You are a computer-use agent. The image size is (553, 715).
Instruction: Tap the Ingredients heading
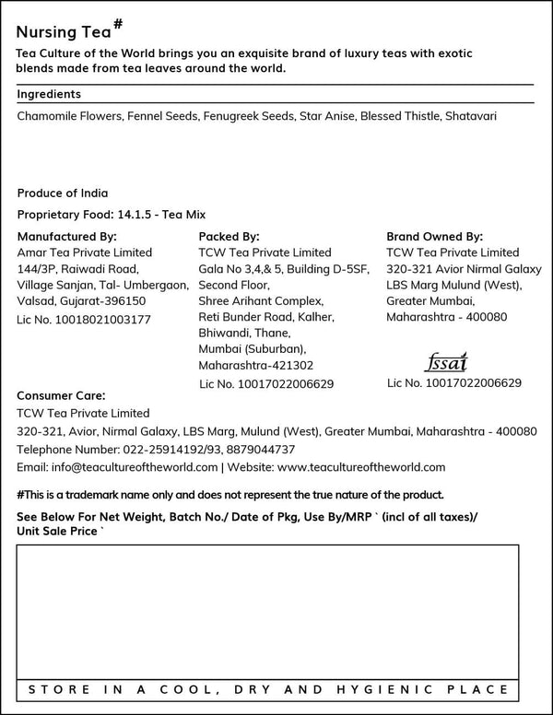click(49, 94)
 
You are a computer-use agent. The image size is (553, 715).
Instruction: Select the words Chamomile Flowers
click(69, 117)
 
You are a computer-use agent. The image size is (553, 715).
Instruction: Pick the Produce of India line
click(63, 193)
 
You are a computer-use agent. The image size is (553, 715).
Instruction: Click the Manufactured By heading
click(67, 236)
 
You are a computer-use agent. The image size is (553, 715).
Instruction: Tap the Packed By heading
click(229, 236)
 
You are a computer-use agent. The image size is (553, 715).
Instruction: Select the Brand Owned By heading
click(434, 236)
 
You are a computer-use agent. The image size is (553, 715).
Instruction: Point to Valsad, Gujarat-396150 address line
click(81, 301)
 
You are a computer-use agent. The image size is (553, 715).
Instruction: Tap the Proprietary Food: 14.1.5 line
click(111, 215)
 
